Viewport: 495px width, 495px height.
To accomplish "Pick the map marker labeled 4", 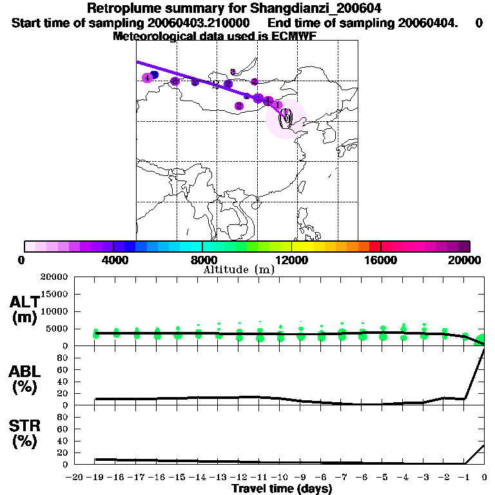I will point(148,78).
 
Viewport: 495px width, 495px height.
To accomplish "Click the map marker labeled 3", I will point(233,72).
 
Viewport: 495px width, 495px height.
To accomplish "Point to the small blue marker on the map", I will point(155,75).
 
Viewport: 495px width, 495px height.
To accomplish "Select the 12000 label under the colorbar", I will point(292,260).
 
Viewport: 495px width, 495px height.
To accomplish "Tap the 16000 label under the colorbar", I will point(382,260).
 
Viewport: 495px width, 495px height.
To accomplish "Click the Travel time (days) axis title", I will point(282,489).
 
